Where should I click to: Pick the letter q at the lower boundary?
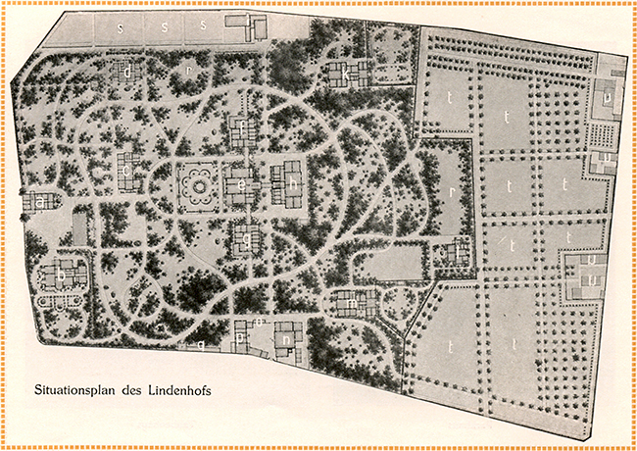202,345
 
